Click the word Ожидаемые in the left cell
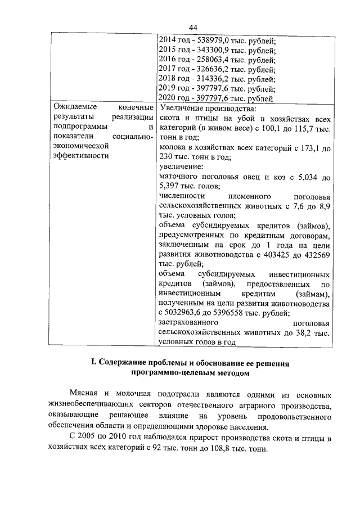coord(74,108)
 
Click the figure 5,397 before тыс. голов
coord(171,187)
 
